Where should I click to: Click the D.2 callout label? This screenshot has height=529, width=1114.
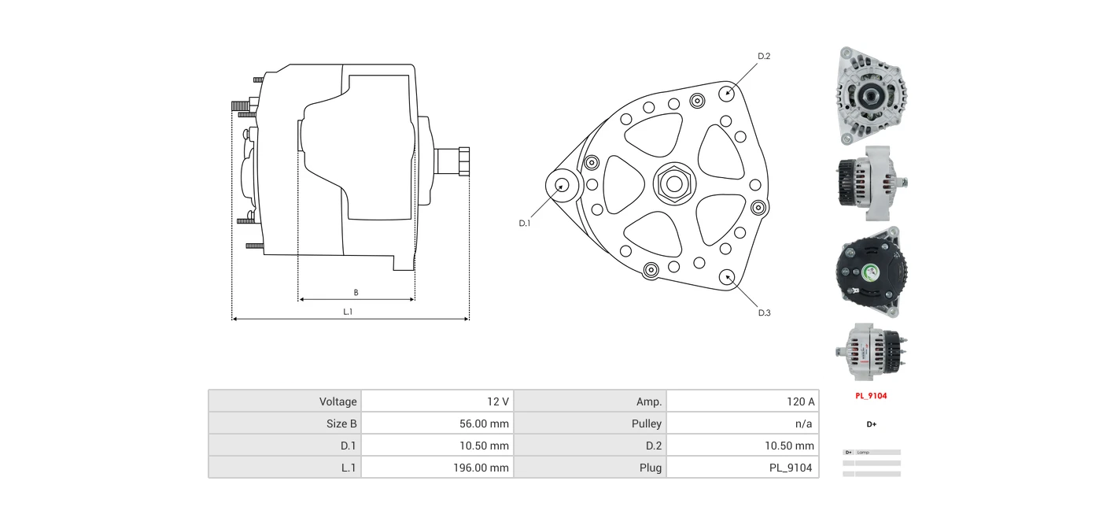(x=763, y=56)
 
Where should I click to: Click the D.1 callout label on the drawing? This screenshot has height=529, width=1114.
(x=524, y=223)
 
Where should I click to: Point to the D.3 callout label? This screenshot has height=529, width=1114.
(x=764, y=313)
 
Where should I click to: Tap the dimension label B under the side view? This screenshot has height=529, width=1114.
(x=356, y=292)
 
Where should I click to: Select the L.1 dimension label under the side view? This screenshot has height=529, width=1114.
(x=348, y=312)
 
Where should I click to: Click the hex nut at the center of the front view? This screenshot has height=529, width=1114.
(x=674, y=183)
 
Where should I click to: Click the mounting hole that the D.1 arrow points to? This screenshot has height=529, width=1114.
(x=562, y=186)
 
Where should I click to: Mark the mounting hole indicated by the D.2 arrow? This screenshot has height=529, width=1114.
(x=727, y=93)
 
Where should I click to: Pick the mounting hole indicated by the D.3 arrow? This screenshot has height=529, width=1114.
(x=727, y=277)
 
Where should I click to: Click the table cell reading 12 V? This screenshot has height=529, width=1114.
(x=437, y=401)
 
